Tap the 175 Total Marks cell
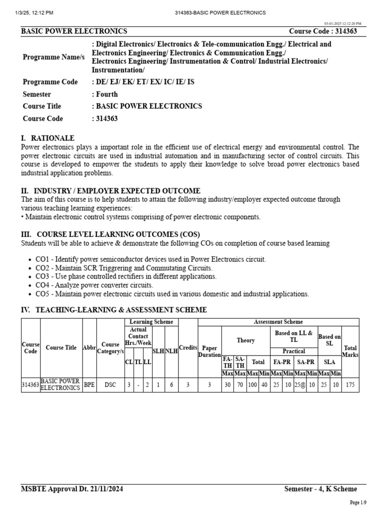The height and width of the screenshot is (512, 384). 350,385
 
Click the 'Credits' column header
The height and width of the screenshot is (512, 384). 187,347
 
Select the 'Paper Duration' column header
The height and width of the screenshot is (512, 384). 209,351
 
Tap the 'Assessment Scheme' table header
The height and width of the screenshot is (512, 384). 278,322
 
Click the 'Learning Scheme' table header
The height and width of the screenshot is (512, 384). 151,322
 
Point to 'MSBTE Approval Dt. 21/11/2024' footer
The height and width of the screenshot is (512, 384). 72,489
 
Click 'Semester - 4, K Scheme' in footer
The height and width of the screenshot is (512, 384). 320,489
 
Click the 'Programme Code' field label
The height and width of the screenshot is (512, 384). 50,82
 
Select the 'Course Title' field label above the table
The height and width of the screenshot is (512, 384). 42,106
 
